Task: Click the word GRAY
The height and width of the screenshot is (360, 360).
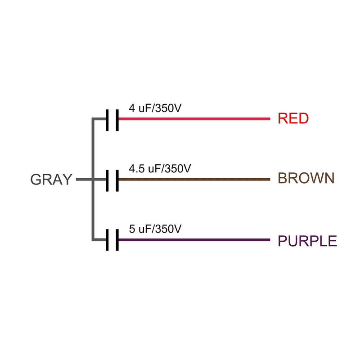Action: (51, 179)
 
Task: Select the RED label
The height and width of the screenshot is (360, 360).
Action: (293, 118)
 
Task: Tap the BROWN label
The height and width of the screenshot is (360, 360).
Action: (306, 178)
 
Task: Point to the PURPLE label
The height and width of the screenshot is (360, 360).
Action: (307, 241)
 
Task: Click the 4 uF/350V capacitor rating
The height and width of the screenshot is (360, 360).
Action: (155, 108)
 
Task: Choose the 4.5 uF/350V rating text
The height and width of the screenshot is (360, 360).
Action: (160, 168)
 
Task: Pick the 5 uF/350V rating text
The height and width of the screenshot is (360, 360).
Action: (155, 229)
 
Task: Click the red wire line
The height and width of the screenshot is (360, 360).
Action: (194, 119)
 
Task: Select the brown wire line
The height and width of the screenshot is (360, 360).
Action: (194, 179)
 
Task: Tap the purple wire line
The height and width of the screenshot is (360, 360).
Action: (194, 240)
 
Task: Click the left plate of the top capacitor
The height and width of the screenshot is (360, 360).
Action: (107, 120)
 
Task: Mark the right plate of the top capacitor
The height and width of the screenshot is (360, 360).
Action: (117, 120)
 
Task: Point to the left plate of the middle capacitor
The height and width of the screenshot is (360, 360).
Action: (107, 181)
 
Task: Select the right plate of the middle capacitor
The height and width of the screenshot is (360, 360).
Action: (117, 181)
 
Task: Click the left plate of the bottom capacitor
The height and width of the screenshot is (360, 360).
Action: (107, 240)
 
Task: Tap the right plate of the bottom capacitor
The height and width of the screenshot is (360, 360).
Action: (117, 240)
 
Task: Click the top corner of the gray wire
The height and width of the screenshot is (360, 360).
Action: (93, 119)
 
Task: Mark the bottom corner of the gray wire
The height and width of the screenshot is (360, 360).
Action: (93, 240)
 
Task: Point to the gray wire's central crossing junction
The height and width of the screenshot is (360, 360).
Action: (93, 179)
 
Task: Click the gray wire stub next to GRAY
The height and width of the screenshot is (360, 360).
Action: (84, 179)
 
